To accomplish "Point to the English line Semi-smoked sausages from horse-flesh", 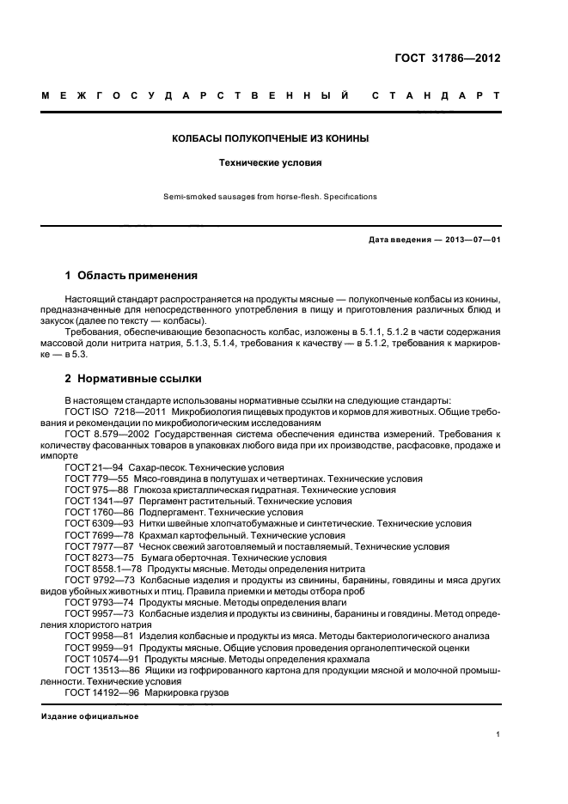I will (271, 197).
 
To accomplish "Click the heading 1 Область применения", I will (131, 276).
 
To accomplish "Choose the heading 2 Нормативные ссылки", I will (133, 378).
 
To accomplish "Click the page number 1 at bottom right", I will (498, 734).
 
